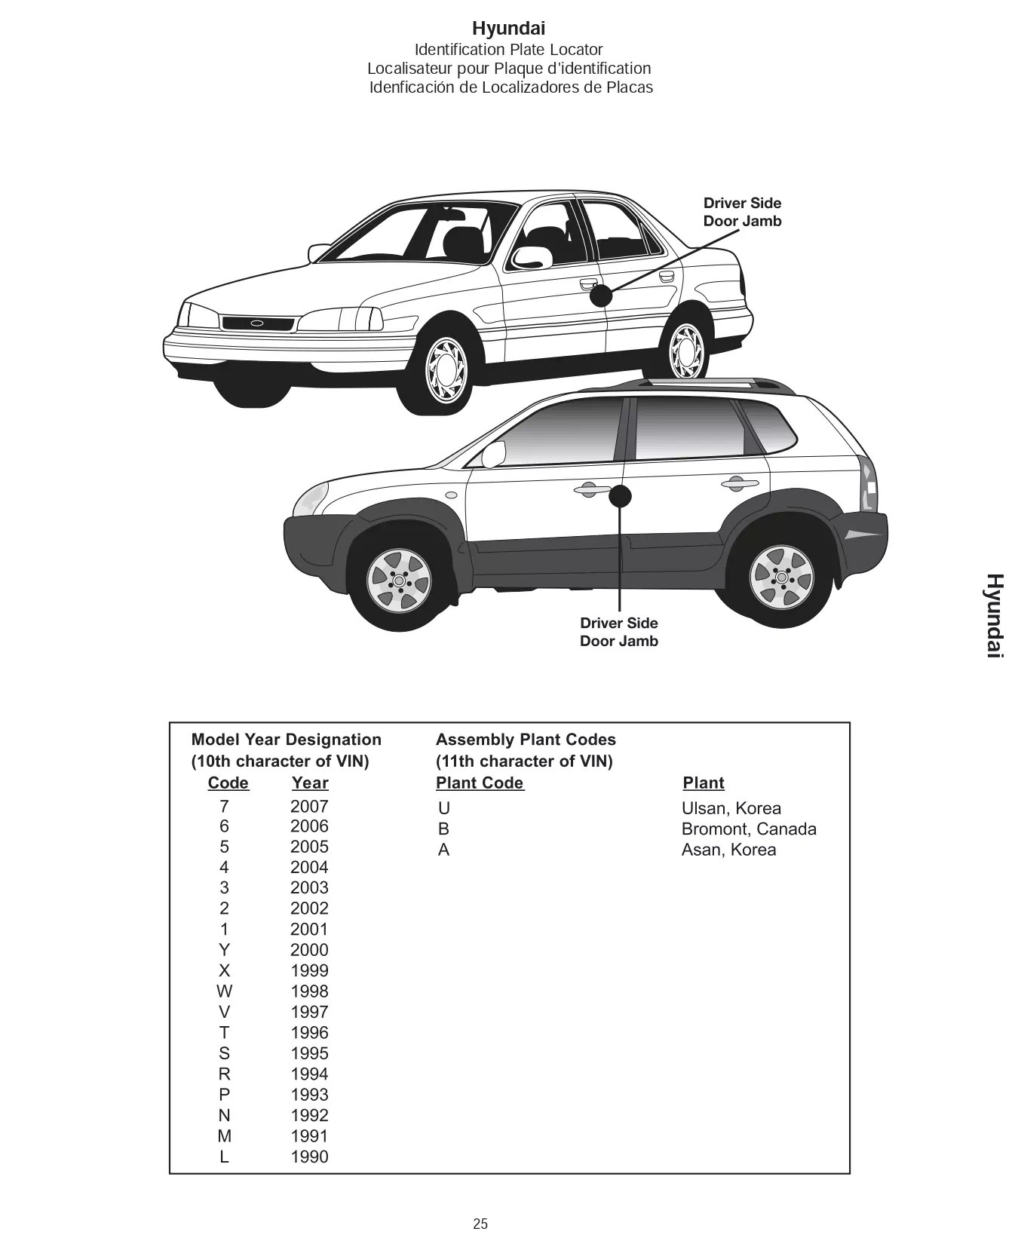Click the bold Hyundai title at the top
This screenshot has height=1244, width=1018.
pyautogui.click(x=508, y=29)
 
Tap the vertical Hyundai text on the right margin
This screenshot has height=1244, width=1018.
pyautogui.click(x=995, y=615)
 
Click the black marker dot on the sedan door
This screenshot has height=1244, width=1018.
pyautogui.click(x=601, y=296)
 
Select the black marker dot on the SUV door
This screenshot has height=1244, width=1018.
pyautogui.click(x=620, y=496)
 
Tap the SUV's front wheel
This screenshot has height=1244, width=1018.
pyautogui.click(x=399, y=580)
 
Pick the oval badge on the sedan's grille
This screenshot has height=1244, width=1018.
pyautogui.click(x=257, y=323)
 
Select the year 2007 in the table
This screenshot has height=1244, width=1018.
pyautogui.click(x=309, y=806)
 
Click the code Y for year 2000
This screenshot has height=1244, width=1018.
pyautogui.click(x=224, y=950)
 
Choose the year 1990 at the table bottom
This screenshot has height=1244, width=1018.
pyautogui.click(x=309, y=1157)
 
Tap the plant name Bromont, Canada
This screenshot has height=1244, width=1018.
pyautogui.click(x=748, y=829)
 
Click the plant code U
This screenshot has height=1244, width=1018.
pyautogui.click(x=444, y=809)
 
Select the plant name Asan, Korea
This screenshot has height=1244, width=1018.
pyautogui.click(x=728, y=850)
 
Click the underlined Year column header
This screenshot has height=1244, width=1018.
pyautogui.click(x=310, y=783)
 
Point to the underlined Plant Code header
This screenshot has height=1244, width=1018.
pyautogui.click(x=480, y=783)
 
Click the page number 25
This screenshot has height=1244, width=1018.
pyautogui.click(x=480, y=1224)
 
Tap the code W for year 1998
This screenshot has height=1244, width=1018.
pyautogui.click(x=224, y=991)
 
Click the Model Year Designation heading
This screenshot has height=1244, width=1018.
pyautogui.click(x=287, y=740)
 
